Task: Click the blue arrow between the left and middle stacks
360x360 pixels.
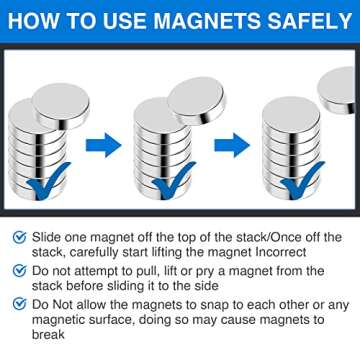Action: (x=102, y=146)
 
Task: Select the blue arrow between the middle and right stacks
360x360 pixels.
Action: (x=232, y=146)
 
